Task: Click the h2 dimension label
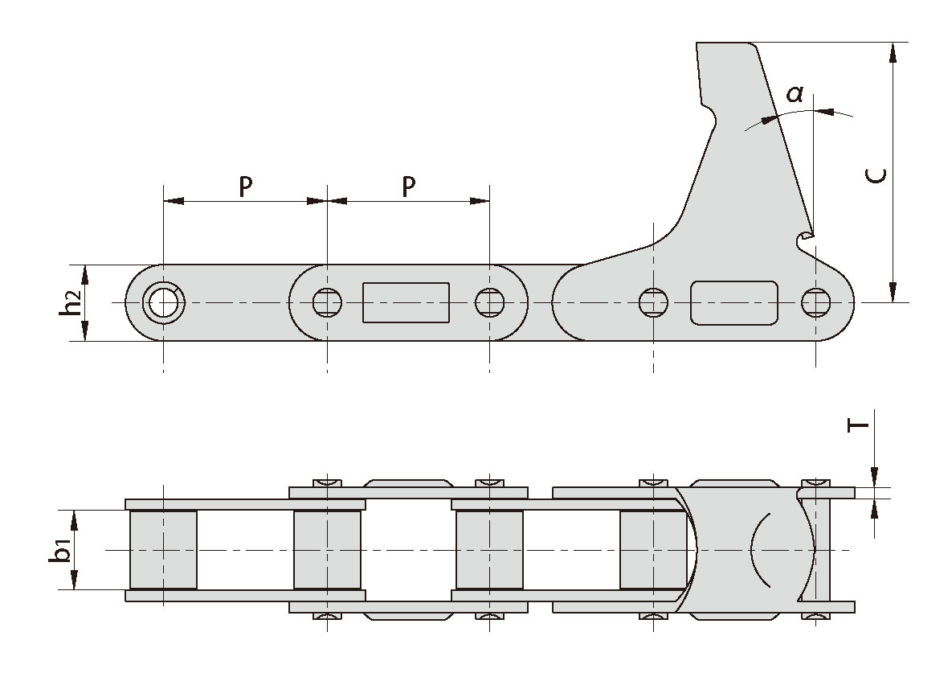pos(72,303)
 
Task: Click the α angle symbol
pos(794,94)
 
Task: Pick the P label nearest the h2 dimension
pos(246,187)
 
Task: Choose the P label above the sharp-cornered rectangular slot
pos(408,187)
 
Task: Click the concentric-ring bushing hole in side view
pos(164,303)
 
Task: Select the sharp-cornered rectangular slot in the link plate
pos(406,302)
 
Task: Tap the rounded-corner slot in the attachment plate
pos(734,303)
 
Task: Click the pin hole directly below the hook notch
pos(816,302)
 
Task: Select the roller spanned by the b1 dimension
pos(163,550)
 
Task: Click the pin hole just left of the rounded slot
pos(652,302)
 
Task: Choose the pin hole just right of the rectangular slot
pos(489,302)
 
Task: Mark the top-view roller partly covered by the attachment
pos(652,550)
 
